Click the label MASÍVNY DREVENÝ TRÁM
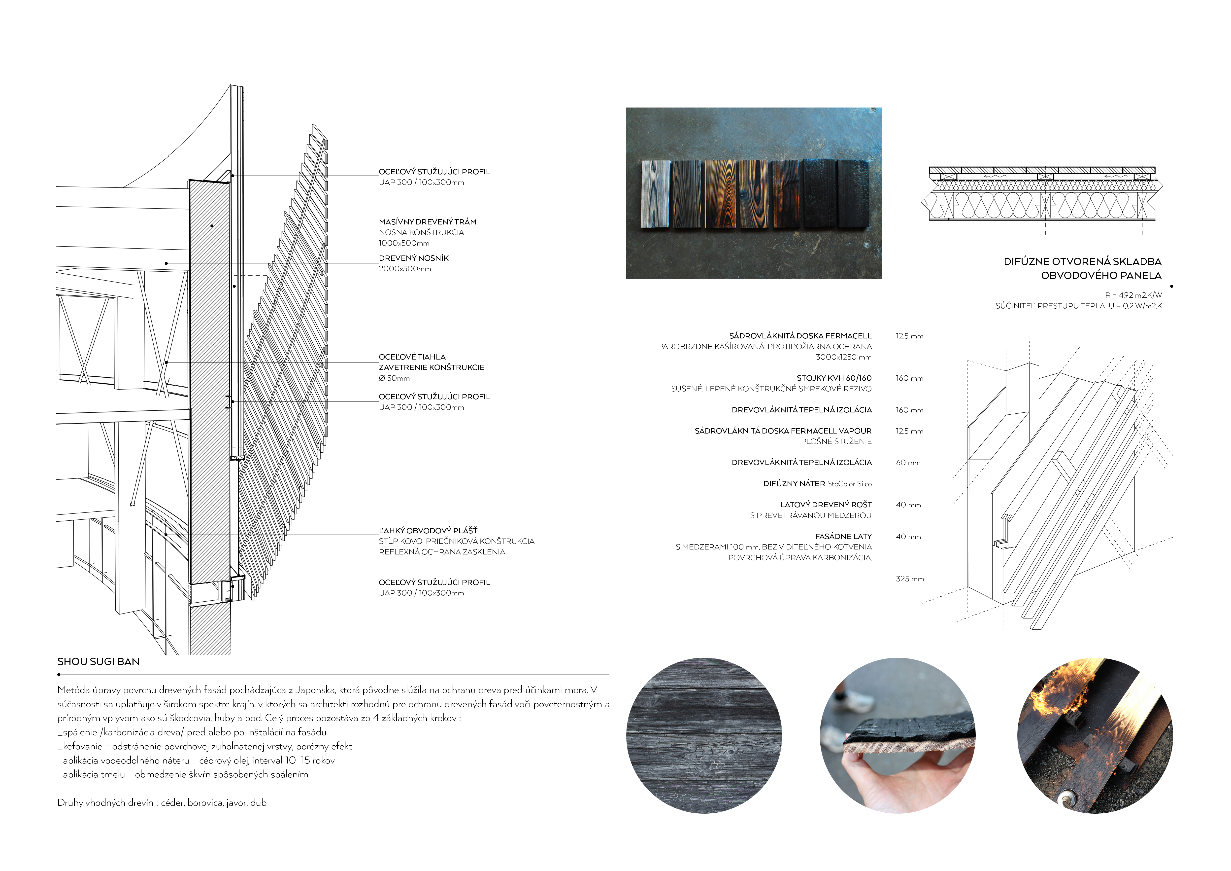(x=427, y=221)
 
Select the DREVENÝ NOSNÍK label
(x=413, y=258)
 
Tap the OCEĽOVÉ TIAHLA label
(x=412, y=357)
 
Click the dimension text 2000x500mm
(x=405, y=269)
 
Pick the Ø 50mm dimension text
(x=394, y=378)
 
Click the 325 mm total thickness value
(x=910, y=579)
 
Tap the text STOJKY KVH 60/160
(x=834, y=378)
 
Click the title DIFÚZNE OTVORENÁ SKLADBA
(x=1082, y=262)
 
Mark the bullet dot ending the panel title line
(x=1171, y=286)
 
